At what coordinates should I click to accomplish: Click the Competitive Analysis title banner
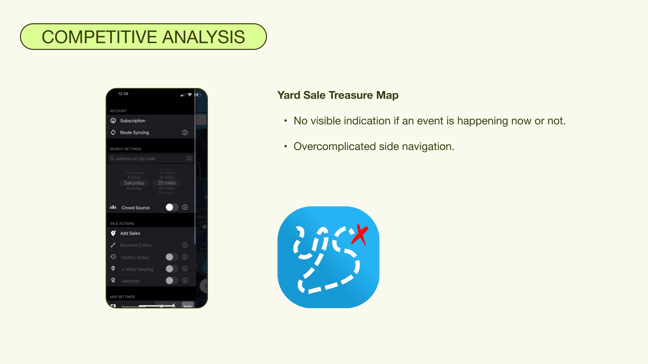tap(143, 37)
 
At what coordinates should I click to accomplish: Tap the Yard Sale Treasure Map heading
tap(337, 95)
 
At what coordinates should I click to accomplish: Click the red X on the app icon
tap(360, 234)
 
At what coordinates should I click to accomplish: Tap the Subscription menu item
tap(133, 121)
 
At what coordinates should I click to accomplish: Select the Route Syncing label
tap(134, 132)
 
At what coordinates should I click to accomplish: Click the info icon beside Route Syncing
tap(185, 132)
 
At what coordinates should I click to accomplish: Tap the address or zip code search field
tap(148, 158)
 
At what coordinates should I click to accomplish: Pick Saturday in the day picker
tap(134, 183)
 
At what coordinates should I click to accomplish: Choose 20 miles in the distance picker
tap(167, 183)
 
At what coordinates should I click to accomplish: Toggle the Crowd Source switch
tap(172, 207)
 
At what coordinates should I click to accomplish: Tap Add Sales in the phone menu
tap(130, 233)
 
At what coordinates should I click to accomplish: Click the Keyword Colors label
tap(136, 245)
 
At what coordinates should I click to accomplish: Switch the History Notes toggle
tap(172, 257)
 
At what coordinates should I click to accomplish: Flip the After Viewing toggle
tap(172, 269)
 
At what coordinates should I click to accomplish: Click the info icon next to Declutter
tap(185, 280)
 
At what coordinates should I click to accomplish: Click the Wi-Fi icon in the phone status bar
tap(190, 95)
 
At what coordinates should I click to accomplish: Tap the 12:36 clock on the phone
tap(123, 94)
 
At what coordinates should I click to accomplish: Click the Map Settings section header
tap(122, 297)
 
